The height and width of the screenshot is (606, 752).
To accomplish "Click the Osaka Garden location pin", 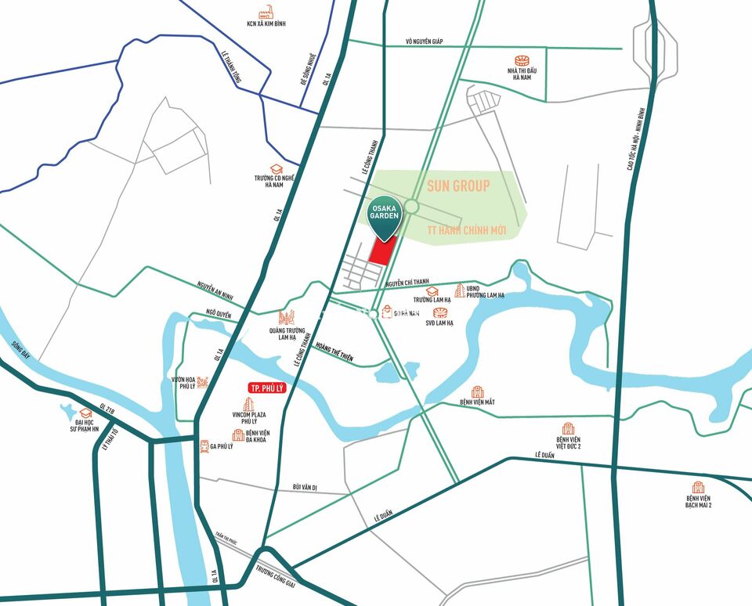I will click(x=385, y=215).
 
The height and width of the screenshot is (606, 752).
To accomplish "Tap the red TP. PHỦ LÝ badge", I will click(x=265, y=388).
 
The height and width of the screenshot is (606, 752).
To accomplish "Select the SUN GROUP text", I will click(x=458, y=186).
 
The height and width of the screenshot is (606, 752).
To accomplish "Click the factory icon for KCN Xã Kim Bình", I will click(x=266, y=13).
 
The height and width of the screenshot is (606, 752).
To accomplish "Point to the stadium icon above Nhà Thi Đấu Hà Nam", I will click(x=522, y=60).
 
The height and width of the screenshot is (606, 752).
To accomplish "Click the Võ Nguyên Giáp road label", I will click(x=424, y=41).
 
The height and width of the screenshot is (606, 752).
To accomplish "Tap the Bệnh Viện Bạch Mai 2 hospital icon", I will click(x=698, y=487).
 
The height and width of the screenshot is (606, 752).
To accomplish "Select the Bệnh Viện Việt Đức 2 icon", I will click(x=569, y=429).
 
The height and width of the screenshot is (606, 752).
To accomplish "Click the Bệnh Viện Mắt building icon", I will click(x=477, y=391).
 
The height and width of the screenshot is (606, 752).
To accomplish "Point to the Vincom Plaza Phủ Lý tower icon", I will click(x=248, y=406).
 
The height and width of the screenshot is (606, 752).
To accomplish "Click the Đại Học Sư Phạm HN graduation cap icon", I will click(x=85, y=413).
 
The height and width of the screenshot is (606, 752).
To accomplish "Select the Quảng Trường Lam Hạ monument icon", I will click(x=286, y=316).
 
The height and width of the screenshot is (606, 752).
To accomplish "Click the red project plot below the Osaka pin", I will click(x=381, y=252).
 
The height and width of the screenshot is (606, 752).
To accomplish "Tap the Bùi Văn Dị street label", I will click(x=304, y=487).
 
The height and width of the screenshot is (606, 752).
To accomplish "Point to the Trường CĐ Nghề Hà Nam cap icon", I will click(x=276, y=168).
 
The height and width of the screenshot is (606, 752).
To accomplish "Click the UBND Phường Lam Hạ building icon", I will click(x=460, y=290).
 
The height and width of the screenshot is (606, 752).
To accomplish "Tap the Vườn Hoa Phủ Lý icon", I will click(x=203, y=381).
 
